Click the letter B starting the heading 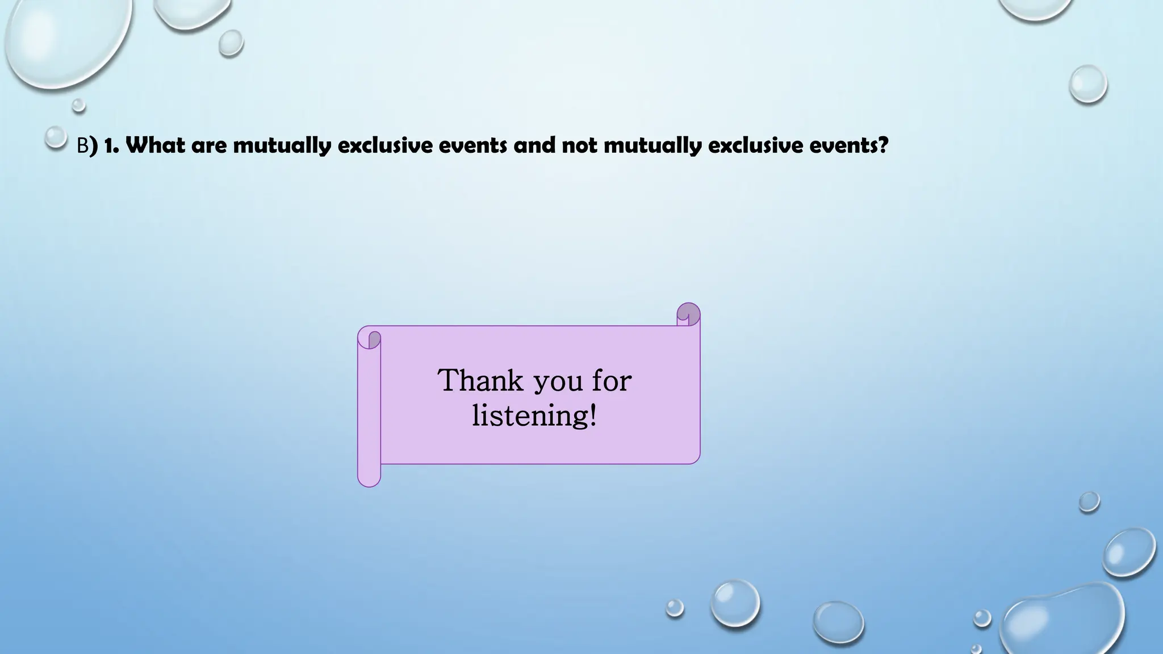coord(82,146)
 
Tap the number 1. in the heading coord(111,146)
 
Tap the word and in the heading coord(534,146)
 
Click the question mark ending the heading coord(882,146)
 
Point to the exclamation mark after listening coord(593,415)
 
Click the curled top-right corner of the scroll coord(688,314)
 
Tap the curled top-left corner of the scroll coord(370,338)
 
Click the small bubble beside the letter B coord(56,136)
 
